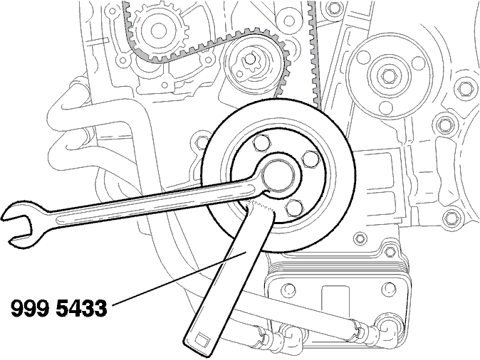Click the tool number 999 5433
pyautogui.click(x=59, y=308)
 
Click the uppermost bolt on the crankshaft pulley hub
pyautogui.click(x=261, y=143)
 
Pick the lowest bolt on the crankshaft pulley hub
pyautogui.click(x=295, y=208)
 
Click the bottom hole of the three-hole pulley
pyautogui.click(x=386, y=107)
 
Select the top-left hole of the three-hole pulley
pyautogui.click(x=364, y=57)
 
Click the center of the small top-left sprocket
pyautogui.click(x=159, y=30)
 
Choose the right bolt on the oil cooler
pyautogui.click(x=389, y=288)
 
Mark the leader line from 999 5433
pyautogui.click(x=179, y=278)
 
